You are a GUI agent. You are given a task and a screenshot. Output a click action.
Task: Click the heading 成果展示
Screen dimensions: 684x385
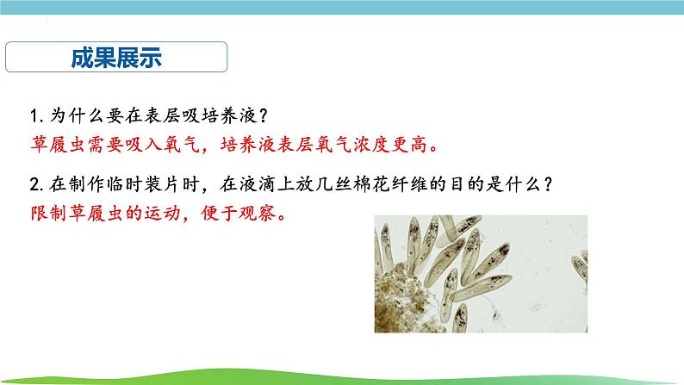(116, 58)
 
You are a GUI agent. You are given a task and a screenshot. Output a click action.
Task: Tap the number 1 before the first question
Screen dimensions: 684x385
(34, 116)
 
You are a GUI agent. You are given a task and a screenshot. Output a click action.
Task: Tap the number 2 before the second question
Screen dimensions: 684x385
(34, 185)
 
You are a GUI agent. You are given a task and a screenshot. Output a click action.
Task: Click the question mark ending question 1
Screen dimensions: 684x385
(263, 116)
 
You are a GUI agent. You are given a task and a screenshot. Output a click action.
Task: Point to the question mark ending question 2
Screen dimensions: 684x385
(548, 184)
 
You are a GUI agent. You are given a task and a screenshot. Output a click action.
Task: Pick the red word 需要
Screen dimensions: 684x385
(105, 145)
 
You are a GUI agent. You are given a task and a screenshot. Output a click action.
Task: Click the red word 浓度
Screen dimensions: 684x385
(371, 145)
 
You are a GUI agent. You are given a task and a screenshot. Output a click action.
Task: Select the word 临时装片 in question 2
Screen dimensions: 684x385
(143, 184)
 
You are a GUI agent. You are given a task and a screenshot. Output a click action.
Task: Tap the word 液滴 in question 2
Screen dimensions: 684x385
(257, 184)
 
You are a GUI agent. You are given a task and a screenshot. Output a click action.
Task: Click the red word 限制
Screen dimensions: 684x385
(48, 214)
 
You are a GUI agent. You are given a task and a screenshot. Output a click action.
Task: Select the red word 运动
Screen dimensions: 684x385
(162, 214)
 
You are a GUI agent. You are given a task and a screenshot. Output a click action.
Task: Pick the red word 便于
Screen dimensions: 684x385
(219, 214)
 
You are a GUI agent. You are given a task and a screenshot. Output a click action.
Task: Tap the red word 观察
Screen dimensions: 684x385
(257, 214)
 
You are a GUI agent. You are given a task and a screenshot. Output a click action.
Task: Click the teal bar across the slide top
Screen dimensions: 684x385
(342, 7)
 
